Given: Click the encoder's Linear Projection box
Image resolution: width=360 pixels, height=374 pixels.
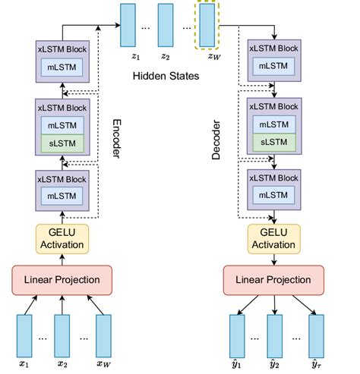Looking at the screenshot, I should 62,280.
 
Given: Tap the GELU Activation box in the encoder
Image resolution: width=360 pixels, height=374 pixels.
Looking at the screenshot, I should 62,237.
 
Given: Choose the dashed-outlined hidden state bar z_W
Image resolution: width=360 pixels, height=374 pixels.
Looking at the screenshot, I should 206,25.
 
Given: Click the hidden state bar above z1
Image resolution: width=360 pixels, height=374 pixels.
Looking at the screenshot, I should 128,25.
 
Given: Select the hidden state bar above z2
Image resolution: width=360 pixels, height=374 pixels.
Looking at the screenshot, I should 167,25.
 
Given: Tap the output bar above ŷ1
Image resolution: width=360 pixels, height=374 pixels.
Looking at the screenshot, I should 238,336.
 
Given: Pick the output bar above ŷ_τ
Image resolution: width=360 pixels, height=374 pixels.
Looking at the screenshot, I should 316,336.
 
